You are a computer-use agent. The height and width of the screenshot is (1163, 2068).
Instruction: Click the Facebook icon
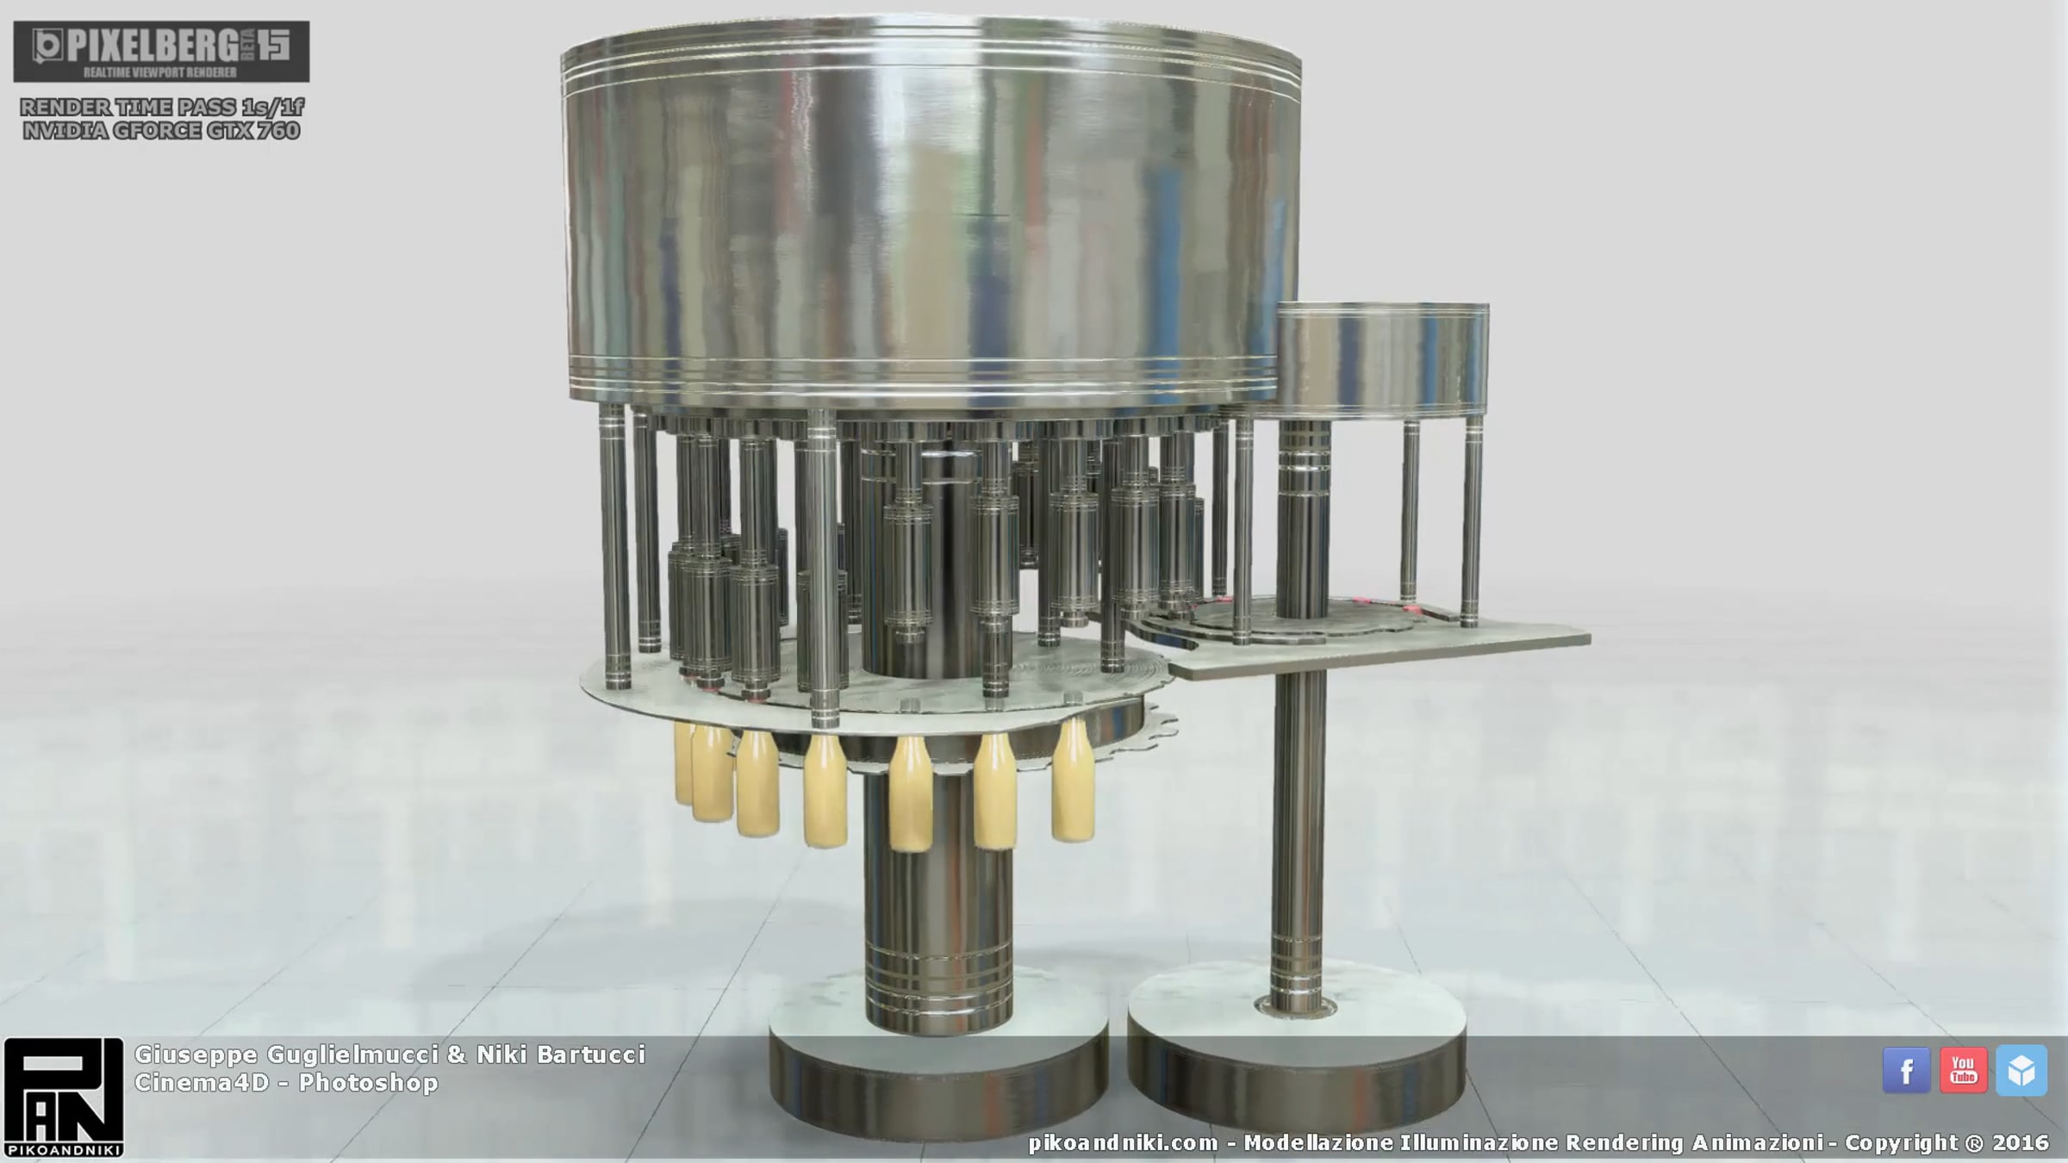pyautogui.click(x=1906, y=1071)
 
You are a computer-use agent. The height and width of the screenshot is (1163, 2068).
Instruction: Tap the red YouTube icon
pyautogui.click(x=1964, y=1071)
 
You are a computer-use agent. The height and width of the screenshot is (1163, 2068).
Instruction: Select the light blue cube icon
pyautogui.click(x=2021, y=1071)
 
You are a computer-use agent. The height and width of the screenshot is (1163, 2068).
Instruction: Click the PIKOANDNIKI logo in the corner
pyautogui.click(x=64, y=1097)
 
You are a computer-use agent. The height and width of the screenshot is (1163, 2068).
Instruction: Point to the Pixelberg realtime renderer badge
pyautogui.click(x=161, y=52)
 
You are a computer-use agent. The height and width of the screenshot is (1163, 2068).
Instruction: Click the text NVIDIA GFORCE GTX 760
pyautogui.click(x=161, y=131)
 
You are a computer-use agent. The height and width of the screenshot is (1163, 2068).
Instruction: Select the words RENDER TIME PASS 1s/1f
pyautogui.click(x=161, y=107)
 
